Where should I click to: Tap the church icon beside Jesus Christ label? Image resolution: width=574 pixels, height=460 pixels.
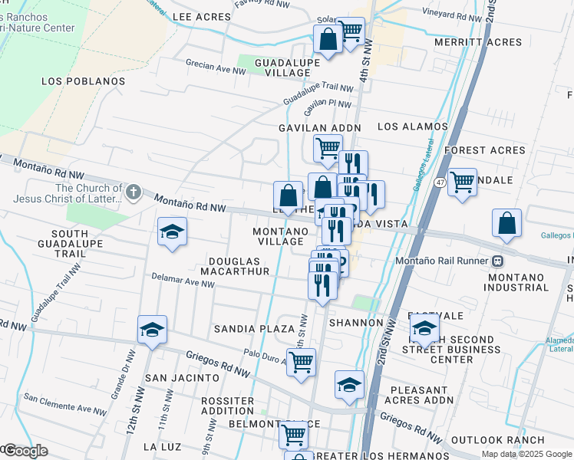(x=134, y=192)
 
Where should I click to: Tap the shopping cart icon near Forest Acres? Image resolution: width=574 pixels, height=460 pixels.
(x=462, y=182)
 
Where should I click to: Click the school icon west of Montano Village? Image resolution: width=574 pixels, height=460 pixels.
(x=172, y=232)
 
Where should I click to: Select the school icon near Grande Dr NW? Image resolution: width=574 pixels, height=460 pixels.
(x=152, y=330)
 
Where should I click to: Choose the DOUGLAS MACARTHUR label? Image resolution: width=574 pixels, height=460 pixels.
(x=235, y=265)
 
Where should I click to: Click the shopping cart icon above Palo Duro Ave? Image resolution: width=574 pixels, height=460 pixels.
(x=301, y=361)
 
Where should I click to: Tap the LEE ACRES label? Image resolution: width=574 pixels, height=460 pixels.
(x=202, y=17)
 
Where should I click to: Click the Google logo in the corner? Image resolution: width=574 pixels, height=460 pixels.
(x=25, y=451)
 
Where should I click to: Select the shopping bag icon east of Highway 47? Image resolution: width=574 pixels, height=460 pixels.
(x=507, y=222)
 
